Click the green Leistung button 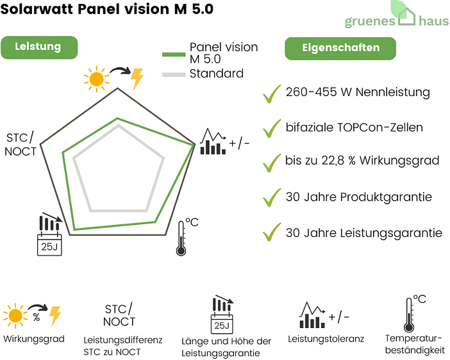tap(38, 47)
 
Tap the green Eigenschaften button tap(340, 47)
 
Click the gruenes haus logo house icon tap(408, 16)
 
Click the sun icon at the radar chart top tap(96, 78)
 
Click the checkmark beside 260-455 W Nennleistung tap(272, 94)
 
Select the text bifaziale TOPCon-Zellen tap(354, 127)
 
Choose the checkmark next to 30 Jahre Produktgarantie tap(272, 197)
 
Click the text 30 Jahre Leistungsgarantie tap(363, 233)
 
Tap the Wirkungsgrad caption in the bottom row tap(33, 338)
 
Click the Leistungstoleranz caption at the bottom tap(326, 338)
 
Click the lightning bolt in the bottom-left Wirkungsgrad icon tap(54, 315)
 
